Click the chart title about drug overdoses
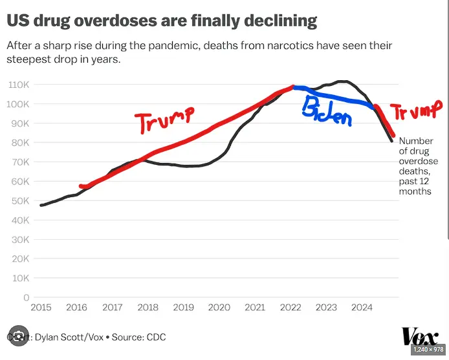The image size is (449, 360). pos(162,21)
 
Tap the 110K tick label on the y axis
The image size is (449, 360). pos(17,85)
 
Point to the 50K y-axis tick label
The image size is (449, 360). pos(19,201)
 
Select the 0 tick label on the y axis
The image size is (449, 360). pos(27,298)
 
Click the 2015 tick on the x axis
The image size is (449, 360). pos(40,308)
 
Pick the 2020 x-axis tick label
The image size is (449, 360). pos(219,308)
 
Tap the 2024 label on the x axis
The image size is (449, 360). pos(362,308)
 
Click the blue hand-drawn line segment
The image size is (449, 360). pos(336,98)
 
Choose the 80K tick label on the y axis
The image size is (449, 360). pos(19,143)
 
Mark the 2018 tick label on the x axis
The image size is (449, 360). pos(148,308)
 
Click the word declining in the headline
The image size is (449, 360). pos(280,21)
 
